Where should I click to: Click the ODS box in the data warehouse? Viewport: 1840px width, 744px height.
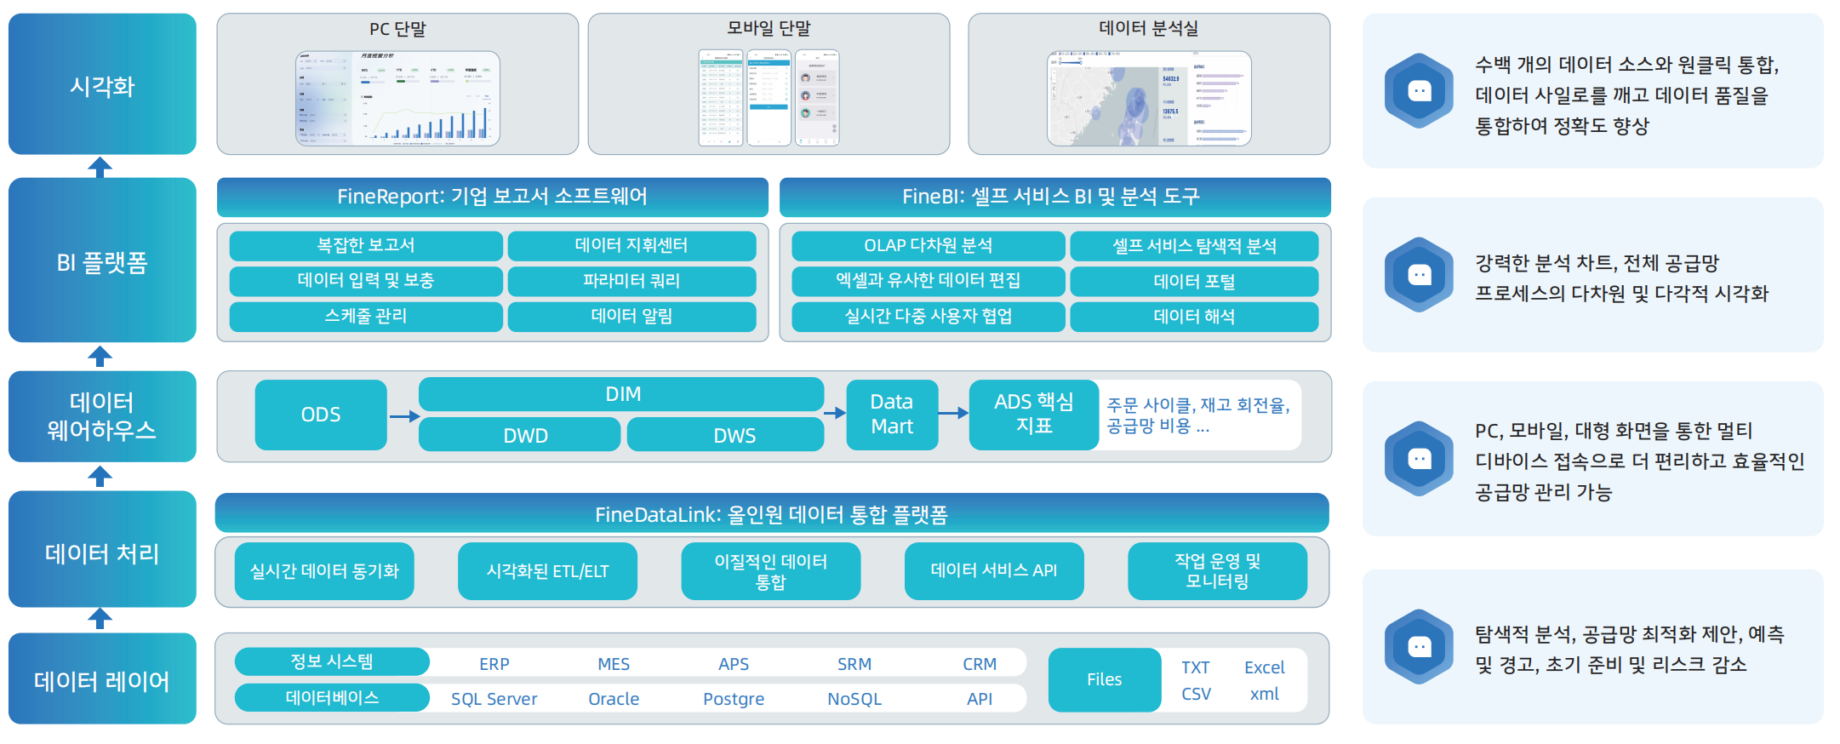321,415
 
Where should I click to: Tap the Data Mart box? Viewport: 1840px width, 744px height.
892,415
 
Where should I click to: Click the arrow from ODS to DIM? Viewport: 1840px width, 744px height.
404,416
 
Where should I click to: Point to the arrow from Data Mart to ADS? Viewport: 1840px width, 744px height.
953,413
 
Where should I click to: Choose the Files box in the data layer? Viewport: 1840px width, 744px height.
1104,679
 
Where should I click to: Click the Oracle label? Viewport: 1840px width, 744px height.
614,699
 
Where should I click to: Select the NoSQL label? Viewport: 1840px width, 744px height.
854,699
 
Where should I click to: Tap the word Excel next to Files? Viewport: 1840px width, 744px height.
1264,667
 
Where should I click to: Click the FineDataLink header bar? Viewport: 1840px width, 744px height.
771,514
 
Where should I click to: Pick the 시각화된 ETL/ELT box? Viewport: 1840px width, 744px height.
547,571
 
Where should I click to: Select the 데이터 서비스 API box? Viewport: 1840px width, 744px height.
994,571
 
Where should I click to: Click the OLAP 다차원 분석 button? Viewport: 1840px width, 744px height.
928,246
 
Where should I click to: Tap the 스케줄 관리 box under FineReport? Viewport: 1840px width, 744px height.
366,317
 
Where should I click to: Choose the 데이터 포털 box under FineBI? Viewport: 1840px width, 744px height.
1194,282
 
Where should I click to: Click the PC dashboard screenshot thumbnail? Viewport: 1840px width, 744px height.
397,99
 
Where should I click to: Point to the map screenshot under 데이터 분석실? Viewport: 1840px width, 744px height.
1148,99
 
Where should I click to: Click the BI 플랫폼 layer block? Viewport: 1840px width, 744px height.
102,260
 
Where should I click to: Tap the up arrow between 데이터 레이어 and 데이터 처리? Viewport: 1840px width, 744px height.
100,619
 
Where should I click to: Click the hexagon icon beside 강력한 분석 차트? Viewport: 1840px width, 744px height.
1419,275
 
